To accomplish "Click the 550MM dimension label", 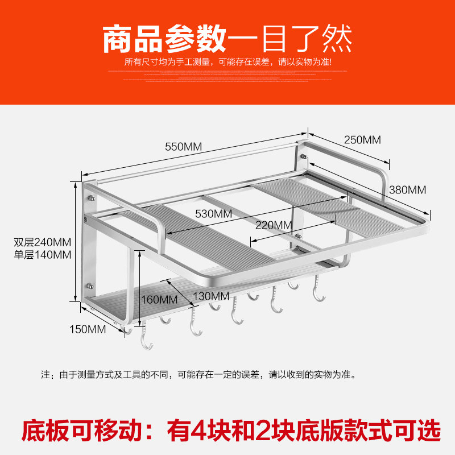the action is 184,146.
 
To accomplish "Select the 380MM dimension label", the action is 408,189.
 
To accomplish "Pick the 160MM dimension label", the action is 159,298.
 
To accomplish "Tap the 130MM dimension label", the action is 210,296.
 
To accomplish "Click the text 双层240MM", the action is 43,241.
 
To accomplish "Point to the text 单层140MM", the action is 43,254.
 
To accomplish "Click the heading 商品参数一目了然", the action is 227,39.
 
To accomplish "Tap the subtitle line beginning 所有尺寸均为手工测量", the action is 227,61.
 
